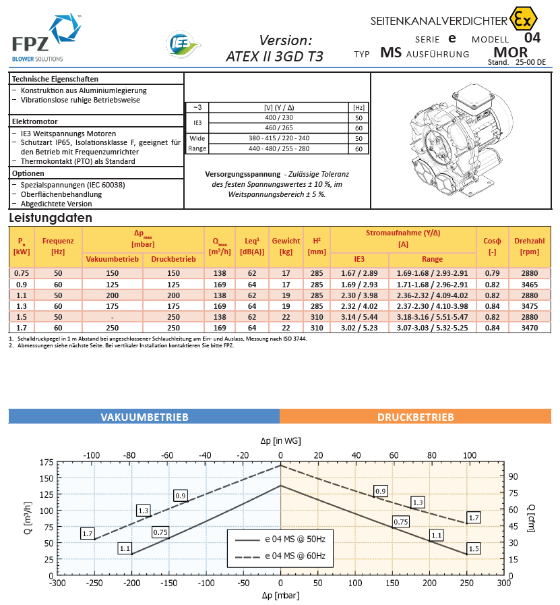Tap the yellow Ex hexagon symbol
(x=523, y=18)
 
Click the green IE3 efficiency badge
(x=183, y=44)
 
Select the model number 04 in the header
(x=532, y=38)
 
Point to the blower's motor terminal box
(x=474, y=97)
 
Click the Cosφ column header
(x=492, y=246)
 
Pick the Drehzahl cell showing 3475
(x=529, y=306)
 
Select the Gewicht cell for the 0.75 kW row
(x=286, y=273)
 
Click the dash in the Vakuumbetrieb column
(x=112, y=317)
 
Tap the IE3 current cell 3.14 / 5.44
(x=359, y=317)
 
